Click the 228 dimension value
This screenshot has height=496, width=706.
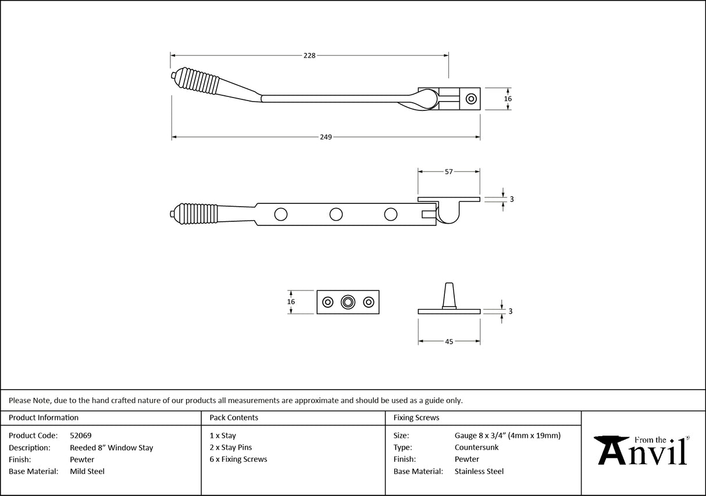tap(309, 56)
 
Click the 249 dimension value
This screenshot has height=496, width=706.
tap(326, 138)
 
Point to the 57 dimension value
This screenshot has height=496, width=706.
tap(449, 172)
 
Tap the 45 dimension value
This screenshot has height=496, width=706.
tap(449, 342)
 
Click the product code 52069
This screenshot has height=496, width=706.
tap(80, 435)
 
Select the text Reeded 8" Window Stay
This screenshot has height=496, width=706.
tap(112, 448)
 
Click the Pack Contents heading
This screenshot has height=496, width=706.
tap(234, 418)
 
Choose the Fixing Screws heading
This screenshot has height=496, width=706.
tap(416, 418)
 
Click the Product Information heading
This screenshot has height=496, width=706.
tap(44, 418)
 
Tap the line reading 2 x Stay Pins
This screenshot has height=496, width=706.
tap(231, 448)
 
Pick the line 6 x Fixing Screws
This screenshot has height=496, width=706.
tap(238, 459)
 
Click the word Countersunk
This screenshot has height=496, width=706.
tap(476, 448)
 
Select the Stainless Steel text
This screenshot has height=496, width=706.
tap(479, 472)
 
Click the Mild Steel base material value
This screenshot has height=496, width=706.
tap(87, 472)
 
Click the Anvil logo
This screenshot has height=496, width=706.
tap(643, 450)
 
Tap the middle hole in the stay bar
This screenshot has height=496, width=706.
tap(336, 214)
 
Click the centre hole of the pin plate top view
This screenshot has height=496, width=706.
tap(348, 302)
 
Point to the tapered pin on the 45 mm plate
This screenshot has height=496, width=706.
tap(449, 294)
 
